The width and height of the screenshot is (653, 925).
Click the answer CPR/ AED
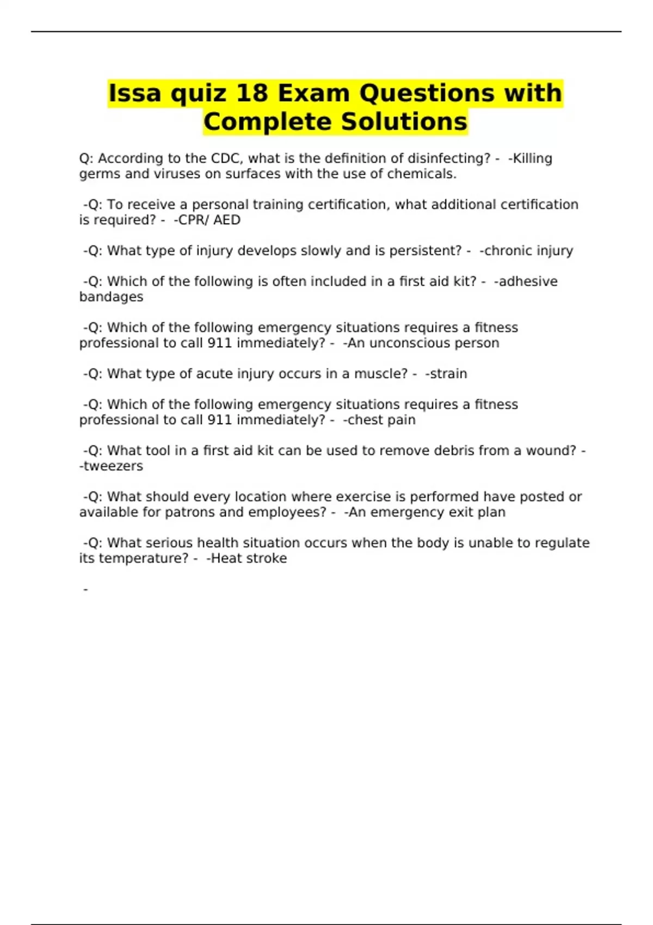(x=206, y=220)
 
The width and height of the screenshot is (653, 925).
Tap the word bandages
(x=111, y=297)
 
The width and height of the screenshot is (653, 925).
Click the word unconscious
(x=403, y=343)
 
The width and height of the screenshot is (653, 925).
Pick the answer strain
(x=448, y=374)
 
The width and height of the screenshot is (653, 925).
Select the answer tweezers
(x=113, y=466)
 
